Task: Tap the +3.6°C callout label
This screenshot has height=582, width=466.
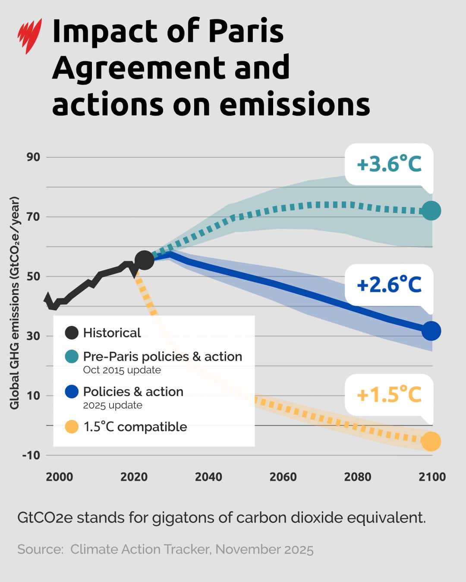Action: point(389,164)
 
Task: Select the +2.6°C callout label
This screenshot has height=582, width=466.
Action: point(389,285)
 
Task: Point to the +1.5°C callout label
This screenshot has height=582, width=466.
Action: point(389,395)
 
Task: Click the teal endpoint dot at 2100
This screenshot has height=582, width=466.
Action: point(431,211)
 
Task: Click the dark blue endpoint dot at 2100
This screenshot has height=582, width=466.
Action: point(431,331)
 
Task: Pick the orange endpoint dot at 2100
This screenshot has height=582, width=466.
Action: point(431,441)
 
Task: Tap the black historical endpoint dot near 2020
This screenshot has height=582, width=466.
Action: point(144,260)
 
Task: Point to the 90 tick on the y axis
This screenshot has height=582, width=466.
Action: point(33,157)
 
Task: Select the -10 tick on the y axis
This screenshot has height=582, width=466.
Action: point(31,455)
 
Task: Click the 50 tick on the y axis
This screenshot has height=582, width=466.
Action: point(33,276)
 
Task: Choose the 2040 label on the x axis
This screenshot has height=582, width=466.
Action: point(208,477)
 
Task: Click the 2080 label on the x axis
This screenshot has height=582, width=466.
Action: point(358,477)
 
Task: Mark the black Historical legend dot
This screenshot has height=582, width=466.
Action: point(72,333)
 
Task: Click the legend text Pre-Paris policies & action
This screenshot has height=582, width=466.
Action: point(162,357)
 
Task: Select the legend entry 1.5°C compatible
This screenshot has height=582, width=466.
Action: point(135,427)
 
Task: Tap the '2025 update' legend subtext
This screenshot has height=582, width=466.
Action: point(113,405)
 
